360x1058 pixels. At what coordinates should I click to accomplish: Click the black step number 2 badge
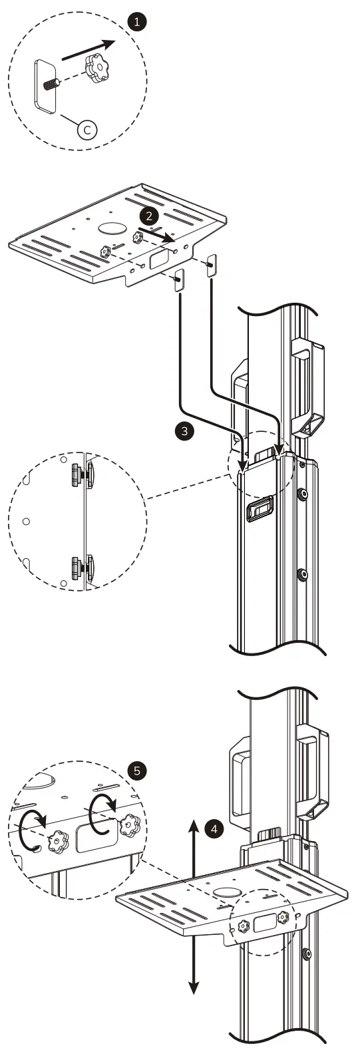(x=150, y=216)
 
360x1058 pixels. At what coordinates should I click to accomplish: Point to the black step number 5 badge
(x=137, y=771)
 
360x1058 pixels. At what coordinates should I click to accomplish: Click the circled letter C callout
(x=87, y=130)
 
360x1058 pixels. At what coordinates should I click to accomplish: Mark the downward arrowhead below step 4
(x=193, y=987)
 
